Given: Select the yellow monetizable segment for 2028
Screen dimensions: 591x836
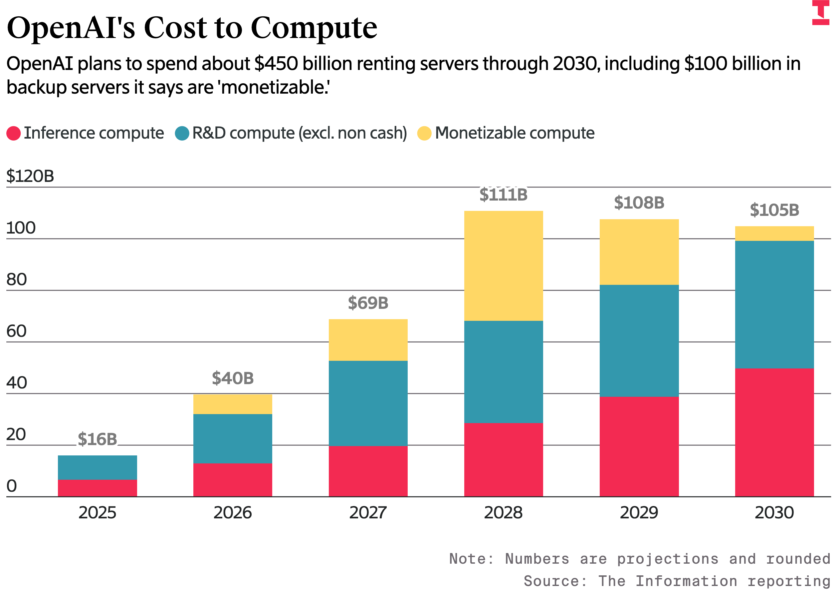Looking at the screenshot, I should (x=503, y=266).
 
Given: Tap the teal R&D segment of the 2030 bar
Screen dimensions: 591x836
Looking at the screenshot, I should (x=774, y=304).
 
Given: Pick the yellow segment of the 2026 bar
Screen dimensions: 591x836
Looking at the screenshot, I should (x=232, y=404).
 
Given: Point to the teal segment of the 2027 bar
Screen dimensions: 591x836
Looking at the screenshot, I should (x=368, y=403).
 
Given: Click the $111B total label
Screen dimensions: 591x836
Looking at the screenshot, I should (x=503, y=195).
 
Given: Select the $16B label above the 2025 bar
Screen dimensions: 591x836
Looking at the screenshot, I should (x=97, y=439).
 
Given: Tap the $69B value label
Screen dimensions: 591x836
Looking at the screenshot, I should (x=368, y=302).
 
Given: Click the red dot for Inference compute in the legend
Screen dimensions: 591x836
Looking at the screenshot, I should (x=13, y=133).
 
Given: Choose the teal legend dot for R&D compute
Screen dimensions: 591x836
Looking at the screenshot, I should (x=182, y=133).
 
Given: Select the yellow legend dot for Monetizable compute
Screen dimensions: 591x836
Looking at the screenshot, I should (x=424, y=133).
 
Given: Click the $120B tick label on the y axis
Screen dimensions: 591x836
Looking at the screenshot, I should (x=30, y=176).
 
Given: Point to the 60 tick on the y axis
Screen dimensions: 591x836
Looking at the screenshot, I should (x=16, y=331).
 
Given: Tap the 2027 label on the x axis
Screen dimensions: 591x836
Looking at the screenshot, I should (x=368, y=513).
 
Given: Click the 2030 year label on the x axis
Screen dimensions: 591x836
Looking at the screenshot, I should (x=774, y=513).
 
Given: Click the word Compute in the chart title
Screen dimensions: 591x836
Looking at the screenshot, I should (x=314, y=28).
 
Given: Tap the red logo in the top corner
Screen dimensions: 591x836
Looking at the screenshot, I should (x=820, y=12).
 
